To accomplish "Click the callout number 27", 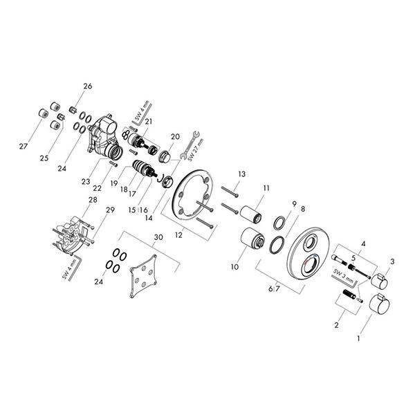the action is pos(24,146).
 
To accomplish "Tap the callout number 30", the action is pos(158,237).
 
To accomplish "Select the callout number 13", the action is pos(241,174).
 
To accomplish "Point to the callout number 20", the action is pos(175,136).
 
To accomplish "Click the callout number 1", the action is pos(358,338).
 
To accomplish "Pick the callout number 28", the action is pos(93,200).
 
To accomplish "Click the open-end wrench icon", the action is pos(190,145).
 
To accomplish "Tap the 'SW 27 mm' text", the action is pos(196,150).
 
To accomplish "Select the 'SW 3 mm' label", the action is pos(343,275).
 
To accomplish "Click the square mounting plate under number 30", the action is pos(143,276).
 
